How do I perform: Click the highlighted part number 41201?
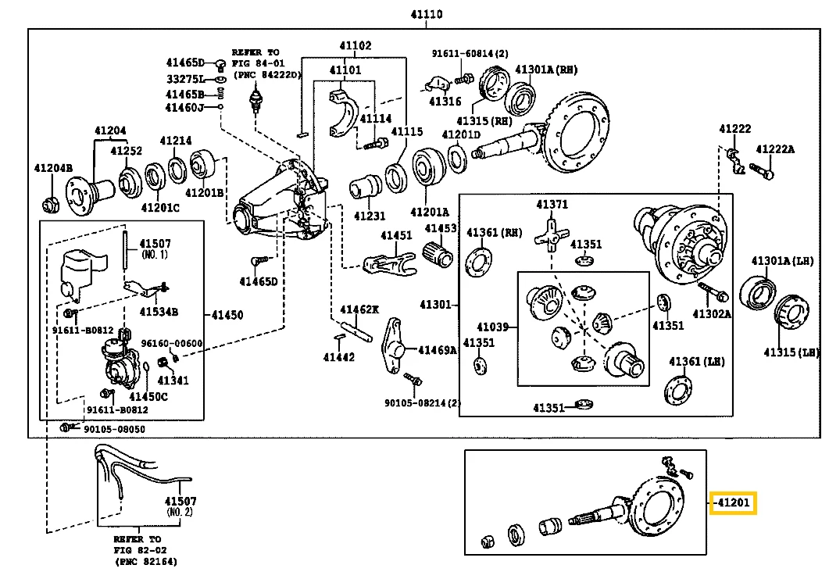click(x=734, y=503)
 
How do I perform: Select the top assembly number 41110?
click(x=427, y=15)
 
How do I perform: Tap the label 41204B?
click(x=53, y=168)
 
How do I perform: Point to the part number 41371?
click(x=552, y=205)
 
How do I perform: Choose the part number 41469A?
click(x=438, y=350)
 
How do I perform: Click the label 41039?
click(x=493, y=326)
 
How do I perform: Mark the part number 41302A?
click(x=713, y=314)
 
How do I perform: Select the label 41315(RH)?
click(x=484, y=121)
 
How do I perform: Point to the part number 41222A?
click(x=774, y=149)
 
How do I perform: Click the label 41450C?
click(x=148, y=396)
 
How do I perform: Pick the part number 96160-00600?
click(x=172, y=343)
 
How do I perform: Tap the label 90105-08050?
click(x=114, y=429)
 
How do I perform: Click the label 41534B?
click(x=159, y=312)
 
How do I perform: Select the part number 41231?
click(x=370, y=216)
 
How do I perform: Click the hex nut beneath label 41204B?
click(x=51, y=205)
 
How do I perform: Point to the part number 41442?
click(x=339, y=357)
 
